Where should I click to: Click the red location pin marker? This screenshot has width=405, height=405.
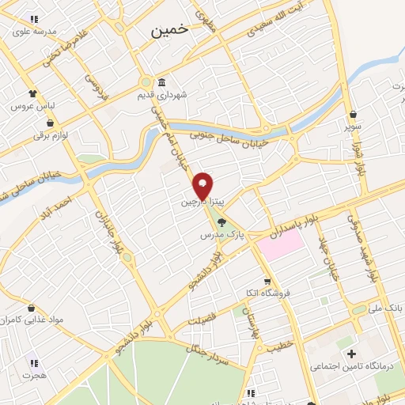[x=203, y=184]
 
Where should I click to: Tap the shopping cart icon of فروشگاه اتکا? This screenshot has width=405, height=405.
[x=268, y=280]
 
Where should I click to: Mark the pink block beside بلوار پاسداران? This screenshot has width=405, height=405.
[x=279, y=242]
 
